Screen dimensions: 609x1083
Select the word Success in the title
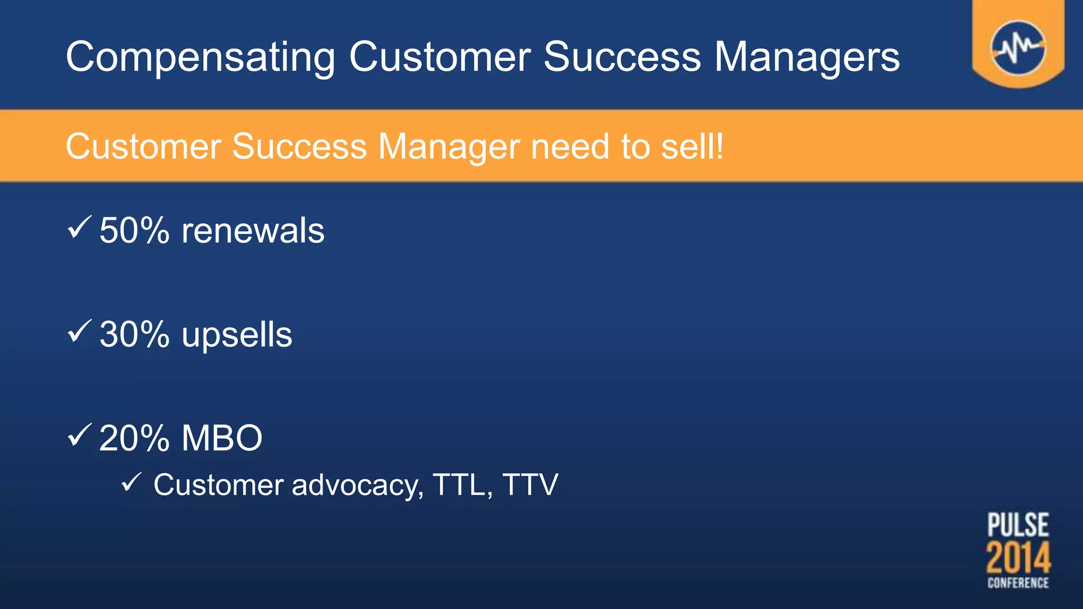pos(622,57)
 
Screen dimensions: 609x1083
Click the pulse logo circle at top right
pos(1018,48)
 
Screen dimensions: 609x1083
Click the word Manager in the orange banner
pos(449,146)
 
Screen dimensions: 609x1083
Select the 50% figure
pos(134,230)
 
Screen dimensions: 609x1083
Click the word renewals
pos(253,230)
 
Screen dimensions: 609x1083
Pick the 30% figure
pos(134,335)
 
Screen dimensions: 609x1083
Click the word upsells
pos(236,335)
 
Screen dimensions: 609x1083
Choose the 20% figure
pos(134,438)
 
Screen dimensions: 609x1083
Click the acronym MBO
pos(222,438)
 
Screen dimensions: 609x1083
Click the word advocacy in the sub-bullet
pos(357,485)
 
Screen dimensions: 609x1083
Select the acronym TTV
pos(530,485)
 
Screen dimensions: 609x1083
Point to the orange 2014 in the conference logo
pos(1018,557)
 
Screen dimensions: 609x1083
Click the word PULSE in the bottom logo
pos(1018,525)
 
